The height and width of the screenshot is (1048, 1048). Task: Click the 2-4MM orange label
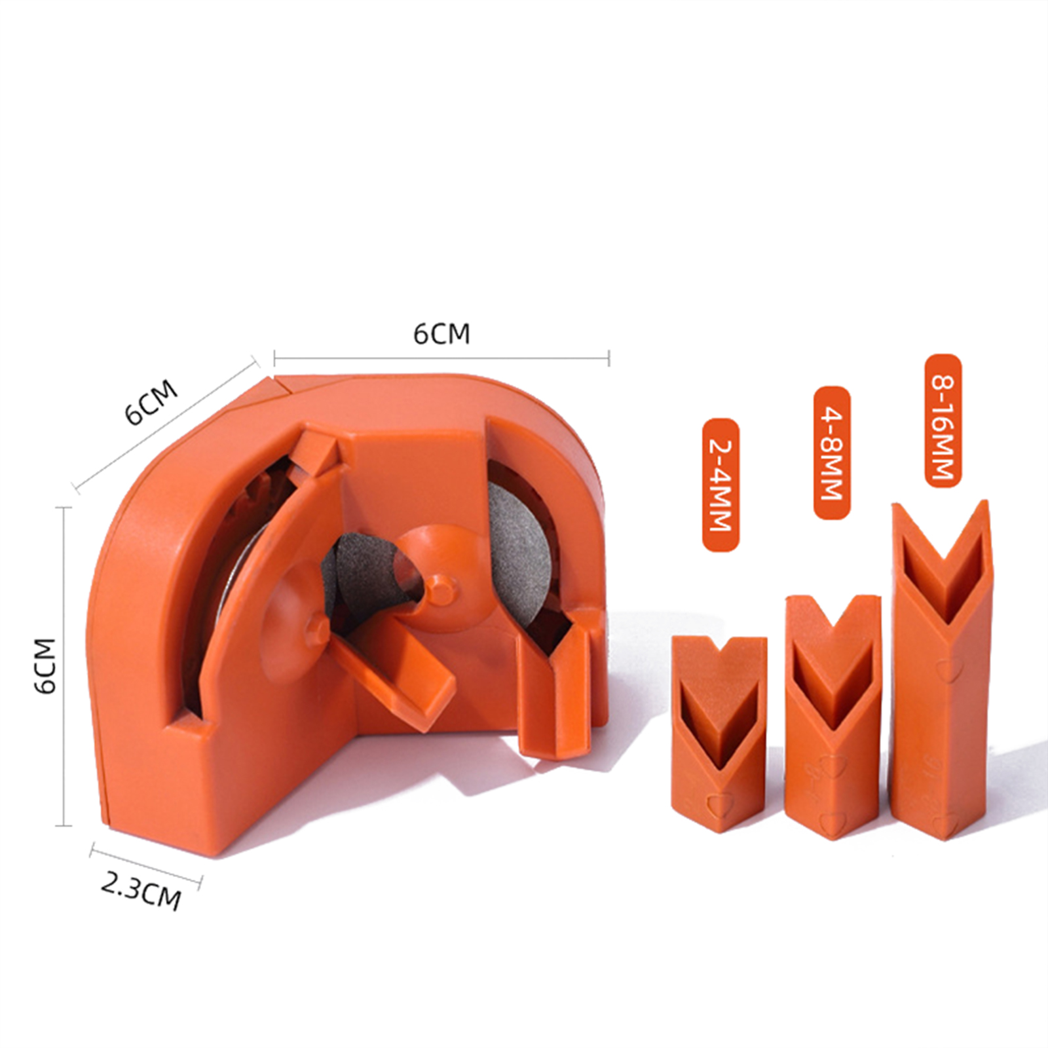click(720, 485)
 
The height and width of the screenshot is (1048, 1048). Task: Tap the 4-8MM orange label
click(832, 453)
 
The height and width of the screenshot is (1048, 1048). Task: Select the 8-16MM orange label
click(943, 421)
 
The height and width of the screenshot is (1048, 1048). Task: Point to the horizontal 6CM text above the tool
click(441, 334)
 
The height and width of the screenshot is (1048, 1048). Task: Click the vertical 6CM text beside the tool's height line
click(45, 666)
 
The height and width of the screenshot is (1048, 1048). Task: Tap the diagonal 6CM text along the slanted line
click(152, 402)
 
